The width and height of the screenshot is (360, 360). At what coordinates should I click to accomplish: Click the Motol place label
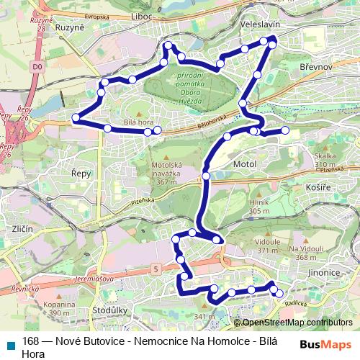coord(246,165)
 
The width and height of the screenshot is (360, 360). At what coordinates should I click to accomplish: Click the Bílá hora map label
coord(140,123)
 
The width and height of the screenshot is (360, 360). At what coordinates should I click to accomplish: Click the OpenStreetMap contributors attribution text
coord(298,323)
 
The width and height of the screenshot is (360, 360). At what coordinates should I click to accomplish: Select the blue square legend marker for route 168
coord(9,341)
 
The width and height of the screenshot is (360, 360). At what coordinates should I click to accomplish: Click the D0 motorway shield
coord(37,66)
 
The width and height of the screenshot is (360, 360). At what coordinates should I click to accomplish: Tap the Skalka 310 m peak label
coord(325,161)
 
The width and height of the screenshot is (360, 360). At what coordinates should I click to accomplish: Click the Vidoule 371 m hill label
coord(267,246)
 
